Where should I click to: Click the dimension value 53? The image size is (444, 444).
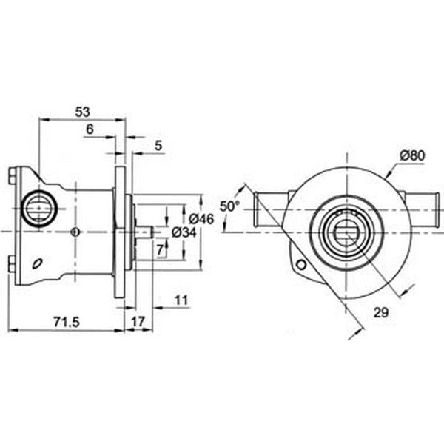(82, 112)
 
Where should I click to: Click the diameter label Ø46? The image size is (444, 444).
(201, 218)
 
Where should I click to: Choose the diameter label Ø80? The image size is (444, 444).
(411, 155)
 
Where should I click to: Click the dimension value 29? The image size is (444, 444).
(381, 313)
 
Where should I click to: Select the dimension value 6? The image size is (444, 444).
(90, 129)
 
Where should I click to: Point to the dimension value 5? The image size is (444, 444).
(159, 147)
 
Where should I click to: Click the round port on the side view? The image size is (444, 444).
(37, 209)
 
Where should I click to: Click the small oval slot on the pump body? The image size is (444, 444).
(36, 263)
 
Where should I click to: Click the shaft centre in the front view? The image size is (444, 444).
(346, 232)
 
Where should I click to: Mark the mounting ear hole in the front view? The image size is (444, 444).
(300, 264)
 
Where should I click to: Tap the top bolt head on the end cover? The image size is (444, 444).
(12, 176)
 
